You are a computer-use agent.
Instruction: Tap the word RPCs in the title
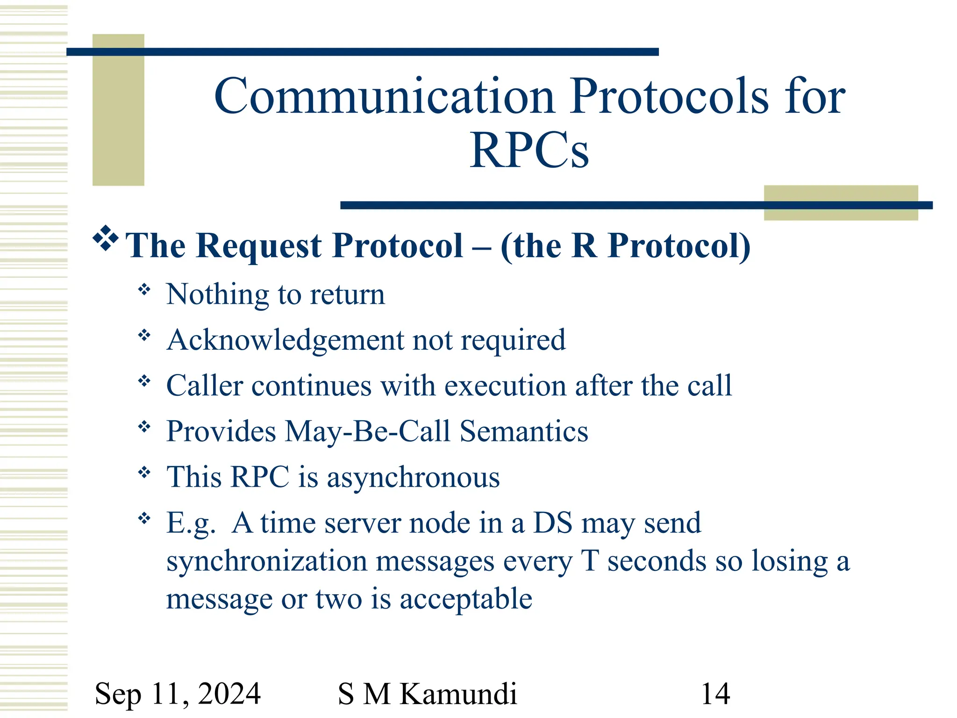coord(529,151)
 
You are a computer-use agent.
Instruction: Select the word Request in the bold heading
coord(258,246)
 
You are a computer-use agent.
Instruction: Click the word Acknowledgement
coord(285,340)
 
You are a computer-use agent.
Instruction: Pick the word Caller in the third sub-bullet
coord(205,386)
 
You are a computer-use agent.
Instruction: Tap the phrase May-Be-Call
coord(367,431)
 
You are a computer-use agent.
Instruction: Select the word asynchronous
coord(413,478)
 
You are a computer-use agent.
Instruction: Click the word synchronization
coord(266,561)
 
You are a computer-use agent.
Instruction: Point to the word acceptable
coord(466,599)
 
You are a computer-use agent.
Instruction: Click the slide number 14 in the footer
coord(715,694)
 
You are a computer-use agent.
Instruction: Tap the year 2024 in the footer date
coord(229,694)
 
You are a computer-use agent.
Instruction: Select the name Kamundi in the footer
coord(458,694)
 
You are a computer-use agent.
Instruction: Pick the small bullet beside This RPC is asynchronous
coord(144,473)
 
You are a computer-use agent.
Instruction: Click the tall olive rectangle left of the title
coord(118,110)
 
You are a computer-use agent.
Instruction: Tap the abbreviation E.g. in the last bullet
coord(191,524)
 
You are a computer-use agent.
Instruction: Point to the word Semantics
coord(524,431)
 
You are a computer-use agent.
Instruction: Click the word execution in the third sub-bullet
coord(505,386)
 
